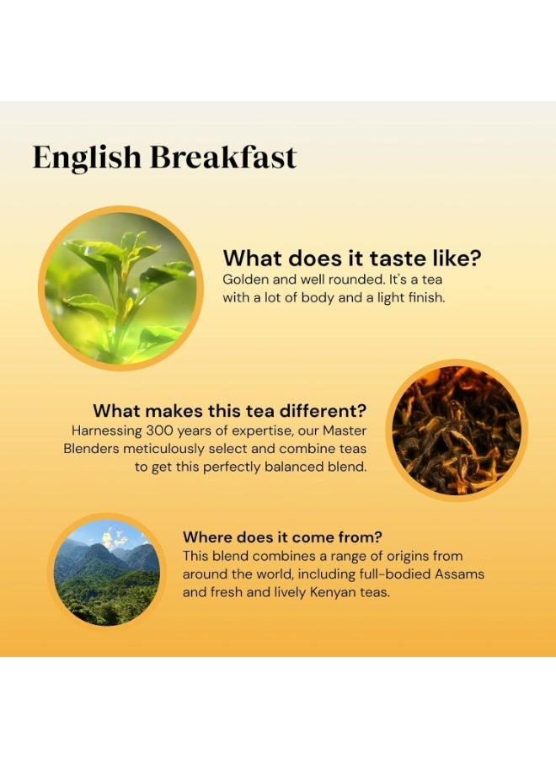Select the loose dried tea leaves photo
pos(457,430)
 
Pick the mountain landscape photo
pos(106,573)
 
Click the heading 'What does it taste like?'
pos(357,257)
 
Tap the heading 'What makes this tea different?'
pos(229,411)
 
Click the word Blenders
pos(91,449)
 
